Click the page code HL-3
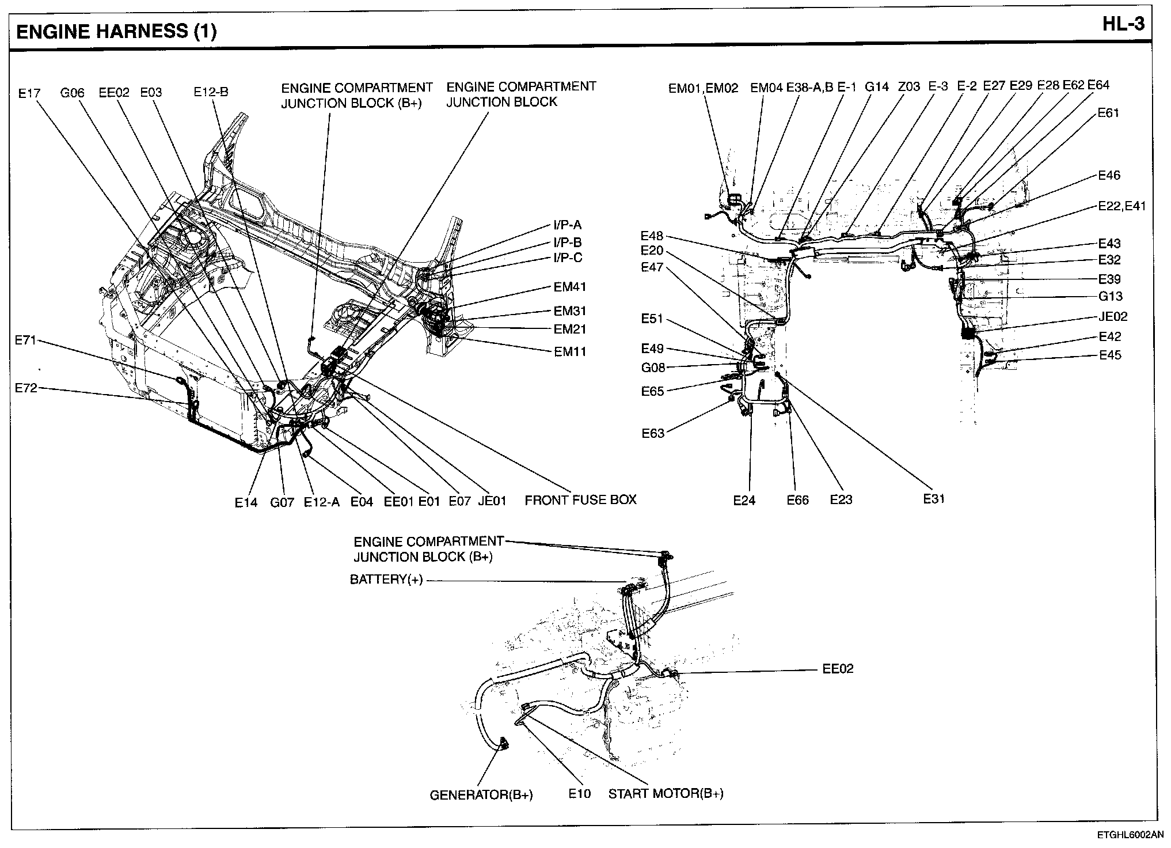coord(1123,25)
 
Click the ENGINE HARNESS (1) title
coord(116,31)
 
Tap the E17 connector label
coord(29,93)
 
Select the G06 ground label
coord(73,93)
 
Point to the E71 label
coord(25,340)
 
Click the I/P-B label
coord(567,242)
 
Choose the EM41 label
coord(570,287)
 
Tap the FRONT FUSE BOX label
coord(580,499)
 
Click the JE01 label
coord(492,501)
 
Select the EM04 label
coord(766,88)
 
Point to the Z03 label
coord(909,87)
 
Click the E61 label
coord(1108,113)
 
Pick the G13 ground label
coord(1111,297)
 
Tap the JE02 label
coord(1113,316)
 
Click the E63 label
coord(653,433)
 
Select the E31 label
coord(934,499)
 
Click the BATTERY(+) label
coord(386,580)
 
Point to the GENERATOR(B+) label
coord(481,796)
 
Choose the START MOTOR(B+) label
coord(666,793)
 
